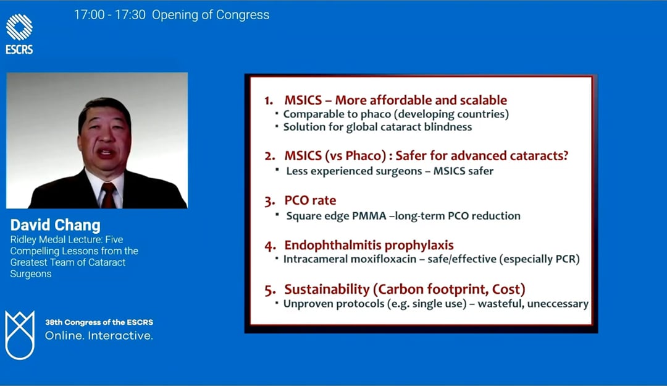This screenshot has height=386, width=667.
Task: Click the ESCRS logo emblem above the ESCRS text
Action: (19, 27)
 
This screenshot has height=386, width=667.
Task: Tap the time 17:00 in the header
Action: (90, 15)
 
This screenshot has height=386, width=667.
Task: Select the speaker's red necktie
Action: (109, 195)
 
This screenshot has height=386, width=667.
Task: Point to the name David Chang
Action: (56, 225)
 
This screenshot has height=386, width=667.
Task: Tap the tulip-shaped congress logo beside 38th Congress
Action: (20, 335)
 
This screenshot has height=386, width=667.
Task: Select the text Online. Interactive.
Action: (99, 336)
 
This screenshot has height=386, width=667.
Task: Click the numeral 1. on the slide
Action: (269, 101)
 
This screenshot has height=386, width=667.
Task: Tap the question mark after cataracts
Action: (565, 155)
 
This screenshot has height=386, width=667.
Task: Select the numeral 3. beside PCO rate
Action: (270, 200)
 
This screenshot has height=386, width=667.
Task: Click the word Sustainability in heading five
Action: (327, 289)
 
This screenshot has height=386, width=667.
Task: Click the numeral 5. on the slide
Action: (270, 290)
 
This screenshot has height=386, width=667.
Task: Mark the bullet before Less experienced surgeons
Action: (277, 169)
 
